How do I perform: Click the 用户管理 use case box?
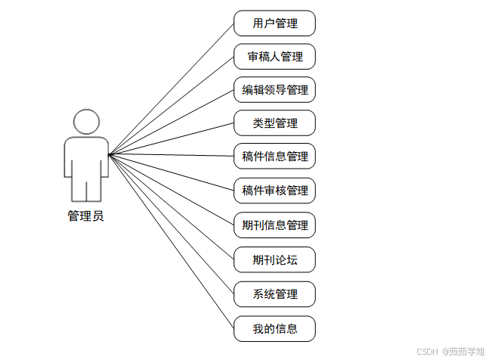pos(274,23)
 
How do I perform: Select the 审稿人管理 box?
pos(274,57)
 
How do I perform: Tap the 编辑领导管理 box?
pos(274,90)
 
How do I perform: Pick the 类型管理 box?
pos(274,123)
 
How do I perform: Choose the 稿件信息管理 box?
pos(274,157)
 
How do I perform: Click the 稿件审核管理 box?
pos(274,191)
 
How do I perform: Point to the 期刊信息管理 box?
pos(274,225)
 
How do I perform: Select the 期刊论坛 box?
pos(274,260)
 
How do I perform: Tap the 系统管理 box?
pos(274,294)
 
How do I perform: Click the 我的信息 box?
pos(274,328)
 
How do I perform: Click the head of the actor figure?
pos(86,122)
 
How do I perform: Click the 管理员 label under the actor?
pos(85,216)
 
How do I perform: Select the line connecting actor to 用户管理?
pos(172,88)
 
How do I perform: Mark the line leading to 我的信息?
pos(172,241)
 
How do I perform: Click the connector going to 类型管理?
pos(172,139)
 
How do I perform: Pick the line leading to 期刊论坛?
pos(172,207)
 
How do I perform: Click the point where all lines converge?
pos(110,156)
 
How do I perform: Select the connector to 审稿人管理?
pos(172,106)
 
